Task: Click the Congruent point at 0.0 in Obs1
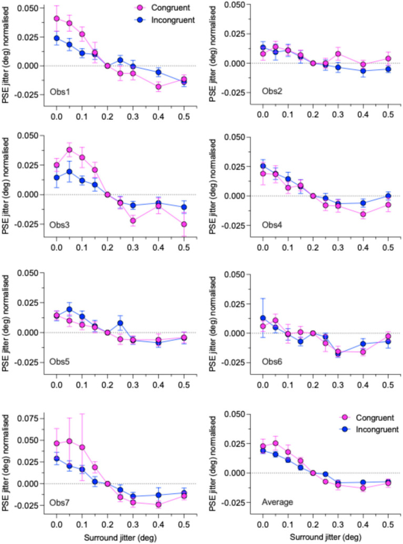point(57,19)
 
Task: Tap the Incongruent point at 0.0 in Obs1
point(57,38)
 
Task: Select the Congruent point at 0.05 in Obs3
point(69,150)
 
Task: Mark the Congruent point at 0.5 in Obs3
point(184,224)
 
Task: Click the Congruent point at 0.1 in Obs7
point(82,447)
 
